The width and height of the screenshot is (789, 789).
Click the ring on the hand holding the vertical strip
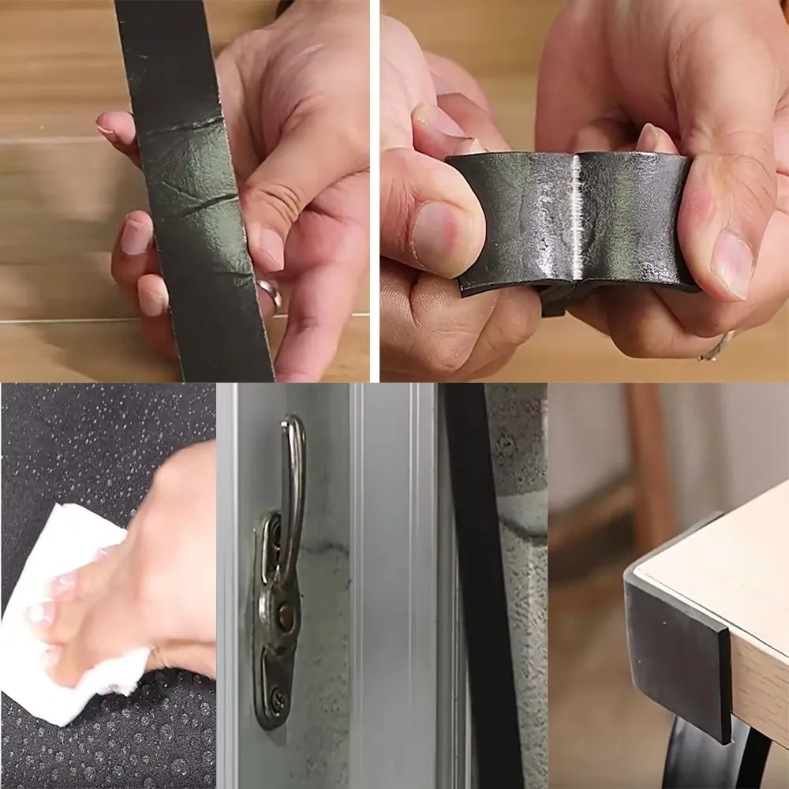tap(269, 290)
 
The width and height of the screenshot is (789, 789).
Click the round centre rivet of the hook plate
tap(286, 615)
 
